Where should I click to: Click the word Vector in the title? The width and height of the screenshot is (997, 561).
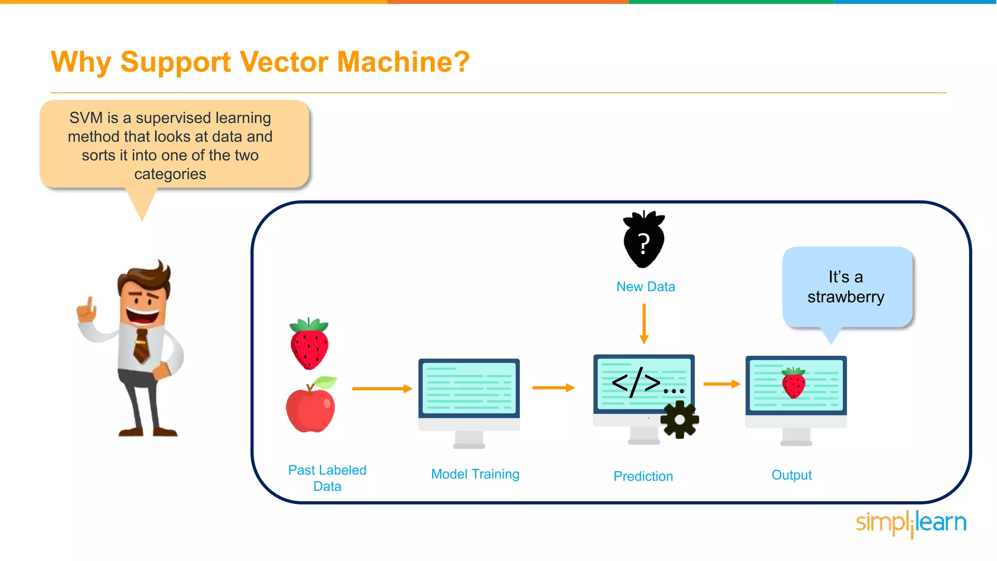point(284,62)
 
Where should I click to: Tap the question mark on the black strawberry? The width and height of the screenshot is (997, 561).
point(644,243)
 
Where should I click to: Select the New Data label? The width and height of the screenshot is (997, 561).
point(646,287)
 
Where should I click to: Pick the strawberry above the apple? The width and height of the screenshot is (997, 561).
point(309,344)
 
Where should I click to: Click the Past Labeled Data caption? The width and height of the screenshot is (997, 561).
point(327,478)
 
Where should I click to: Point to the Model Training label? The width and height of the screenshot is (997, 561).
point(475,474)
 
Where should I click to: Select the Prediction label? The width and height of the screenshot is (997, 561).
point(643,476)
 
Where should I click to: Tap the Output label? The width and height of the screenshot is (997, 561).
point(792,475)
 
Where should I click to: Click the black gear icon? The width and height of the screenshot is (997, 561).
point(680,419)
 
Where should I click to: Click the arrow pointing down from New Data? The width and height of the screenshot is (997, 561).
point(644,323)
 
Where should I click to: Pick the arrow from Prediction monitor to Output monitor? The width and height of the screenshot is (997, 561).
point(721,384)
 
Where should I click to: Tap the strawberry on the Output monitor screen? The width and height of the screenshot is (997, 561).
point(794,383)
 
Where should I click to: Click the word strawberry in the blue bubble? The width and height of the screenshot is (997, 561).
point(846,297)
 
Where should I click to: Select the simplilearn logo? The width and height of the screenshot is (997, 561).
point(911,523)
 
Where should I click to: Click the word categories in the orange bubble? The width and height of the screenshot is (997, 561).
point(170,174)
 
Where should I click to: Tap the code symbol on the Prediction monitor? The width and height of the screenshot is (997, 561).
point(636,383)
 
